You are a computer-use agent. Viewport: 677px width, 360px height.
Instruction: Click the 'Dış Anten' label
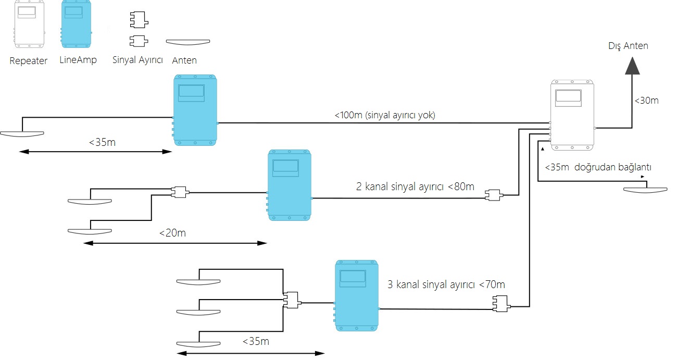(628, 46)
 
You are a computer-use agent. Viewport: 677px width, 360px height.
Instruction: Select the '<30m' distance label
(646, 101)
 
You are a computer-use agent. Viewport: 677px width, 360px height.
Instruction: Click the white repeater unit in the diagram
(572, 113)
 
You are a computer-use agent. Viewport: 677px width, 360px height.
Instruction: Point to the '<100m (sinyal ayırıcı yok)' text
(385, 115)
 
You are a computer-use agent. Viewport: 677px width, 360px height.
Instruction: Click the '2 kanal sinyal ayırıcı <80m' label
(415, 187)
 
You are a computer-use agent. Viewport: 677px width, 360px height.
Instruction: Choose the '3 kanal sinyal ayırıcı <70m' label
(446, 285)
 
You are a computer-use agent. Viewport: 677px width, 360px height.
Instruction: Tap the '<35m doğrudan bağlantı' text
(598, 168)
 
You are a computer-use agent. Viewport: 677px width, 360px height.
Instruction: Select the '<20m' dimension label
(172, 233)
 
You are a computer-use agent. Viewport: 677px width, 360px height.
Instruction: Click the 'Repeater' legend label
(29, 61)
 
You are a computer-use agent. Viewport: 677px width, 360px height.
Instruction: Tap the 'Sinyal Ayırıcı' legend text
(137, 60)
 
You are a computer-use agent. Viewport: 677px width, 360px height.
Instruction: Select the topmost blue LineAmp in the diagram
(195, 110)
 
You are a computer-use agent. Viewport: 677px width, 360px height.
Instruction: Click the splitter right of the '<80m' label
(492, 195)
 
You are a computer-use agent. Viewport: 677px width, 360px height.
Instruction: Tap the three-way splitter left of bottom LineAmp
(291, 300)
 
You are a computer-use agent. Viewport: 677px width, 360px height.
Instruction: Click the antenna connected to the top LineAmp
(22, 133)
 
